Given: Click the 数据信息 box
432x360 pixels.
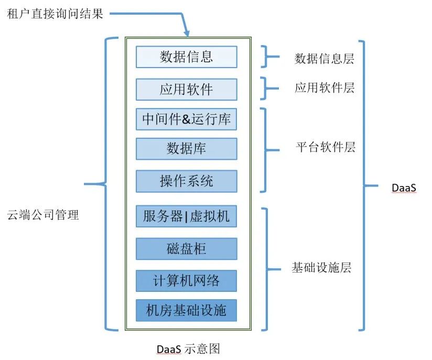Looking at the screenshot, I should click(186, 57).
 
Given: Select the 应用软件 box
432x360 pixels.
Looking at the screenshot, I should click(186, 89).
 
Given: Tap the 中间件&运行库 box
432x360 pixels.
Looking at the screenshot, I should click(186, 119).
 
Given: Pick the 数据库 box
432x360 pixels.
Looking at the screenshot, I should click(186, 149).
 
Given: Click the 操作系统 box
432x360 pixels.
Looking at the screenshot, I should click(186, 181).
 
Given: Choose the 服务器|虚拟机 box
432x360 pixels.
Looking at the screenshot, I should click(186, 216).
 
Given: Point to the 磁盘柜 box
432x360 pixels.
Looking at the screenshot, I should click(186, 248).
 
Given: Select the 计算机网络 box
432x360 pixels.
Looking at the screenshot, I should click(186, 280).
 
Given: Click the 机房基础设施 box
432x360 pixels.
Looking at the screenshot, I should click(186, 310).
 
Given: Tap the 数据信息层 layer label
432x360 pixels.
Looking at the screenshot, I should click(325, 58).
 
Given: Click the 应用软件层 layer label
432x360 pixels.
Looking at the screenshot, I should click(325, 88).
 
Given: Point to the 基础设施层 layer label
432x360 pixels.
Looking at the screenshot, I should click(321, 268).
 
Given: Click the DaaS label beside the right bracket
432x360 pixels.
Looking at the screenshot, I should click(404, 187).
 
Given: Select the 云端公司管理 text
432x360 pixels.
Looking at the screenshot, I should click(43, 215).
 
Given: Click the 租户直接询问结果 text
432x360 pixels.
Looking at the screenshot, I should click(55, 14).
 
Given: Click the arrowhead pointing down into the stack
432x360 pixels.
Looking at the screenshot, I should click(186, 32).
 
